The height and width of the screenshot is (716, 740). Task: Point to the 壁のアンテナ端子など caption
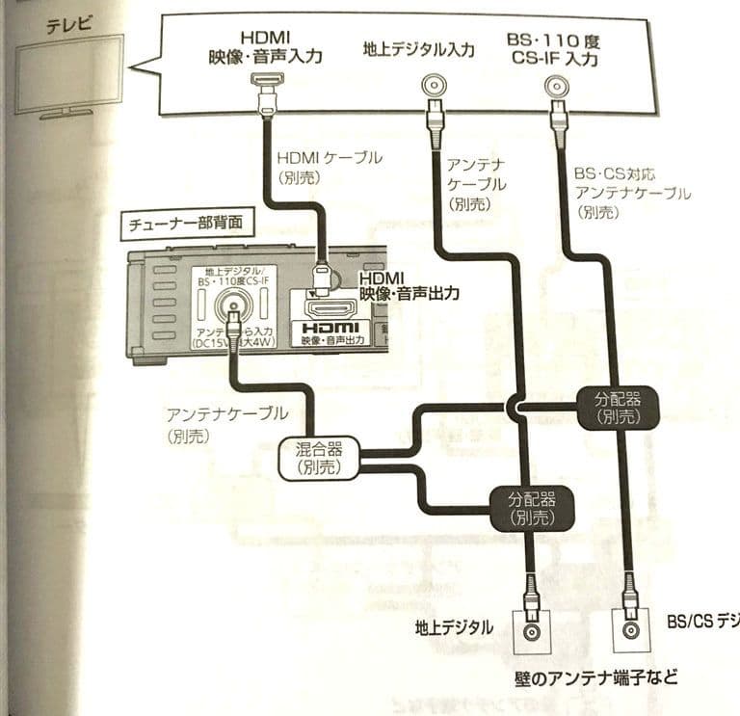[x=594, y=680]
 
